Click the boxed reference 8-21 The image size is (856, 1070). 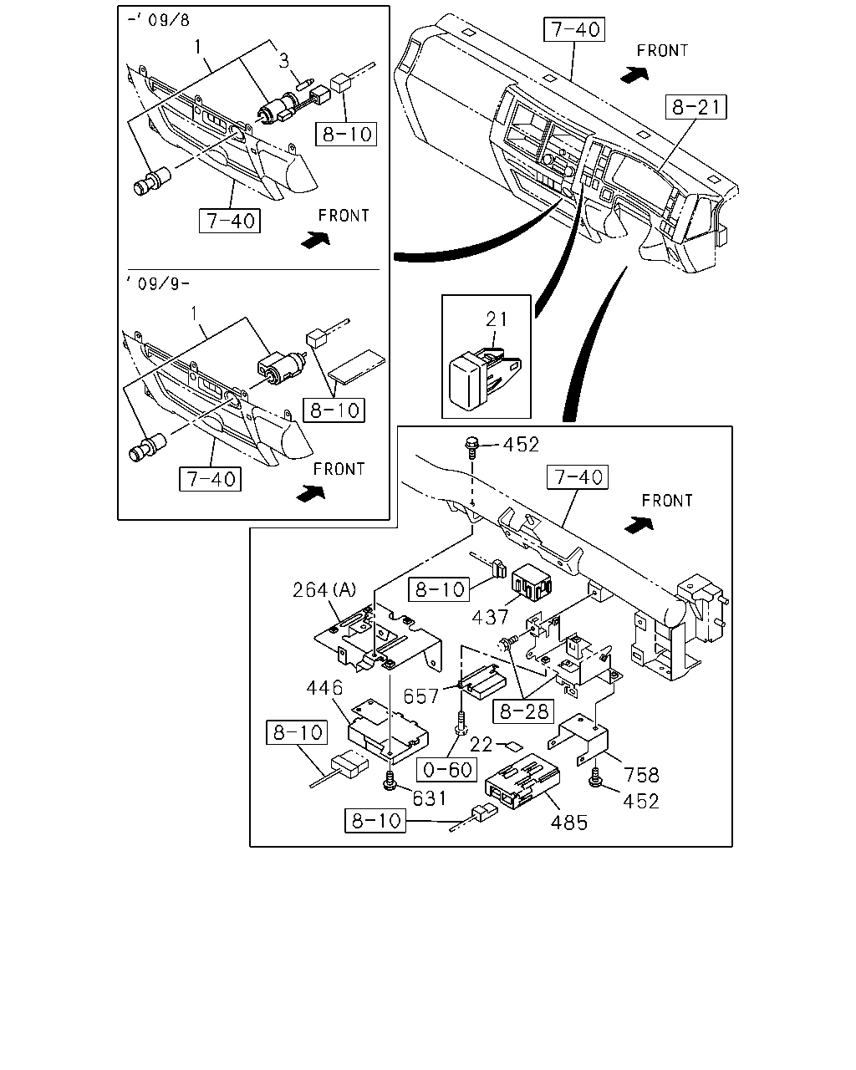point(695,107)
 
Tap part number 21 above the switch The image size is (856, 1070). point(497,319)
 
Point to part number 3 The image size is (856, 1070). point(283,61)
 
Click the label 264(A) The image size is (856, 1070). point(324,589)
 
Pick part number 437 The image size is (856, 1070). point(490,618)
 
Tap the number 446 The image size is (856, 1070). point(324,688)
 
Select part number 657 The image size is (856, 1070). point(420,696)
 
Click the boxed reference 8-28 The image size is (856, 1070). point(523,711)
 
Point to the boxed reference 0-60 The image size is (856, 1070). point(446,770)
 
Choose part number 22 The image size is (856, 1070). point(481,744)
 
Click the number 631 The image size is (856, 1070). point(430,798)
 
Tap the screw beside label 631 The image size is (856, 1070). point(390,780)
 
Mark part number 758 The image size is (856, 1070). point(641,775)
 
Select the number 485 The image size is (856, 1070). point(569,823)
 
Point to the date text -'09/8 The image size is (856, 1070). point(159,20)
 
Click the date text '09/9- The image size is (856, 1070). point(158,283)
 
